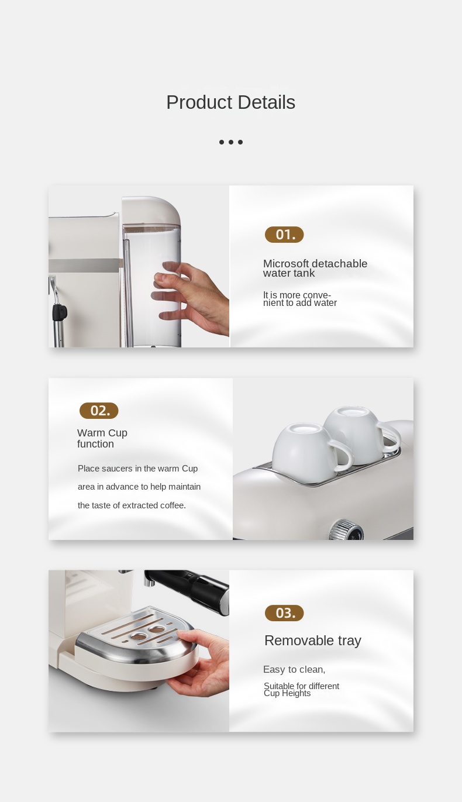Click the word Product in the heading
[199, 102]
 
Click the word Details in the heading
[266, 102]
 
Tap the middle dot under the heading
[231, 142]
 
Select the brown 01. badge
[284, 235]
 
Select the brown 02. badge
[99, 411]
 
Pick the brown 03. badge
[284, 613]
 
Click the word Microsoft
[286, 263]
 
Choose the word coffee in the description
[173, 505]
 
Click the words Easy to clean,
[294, 670]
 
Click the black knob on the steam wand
[60, 312]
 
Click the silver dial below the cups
[346, 529]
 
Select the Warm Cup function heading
[102, 438]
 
